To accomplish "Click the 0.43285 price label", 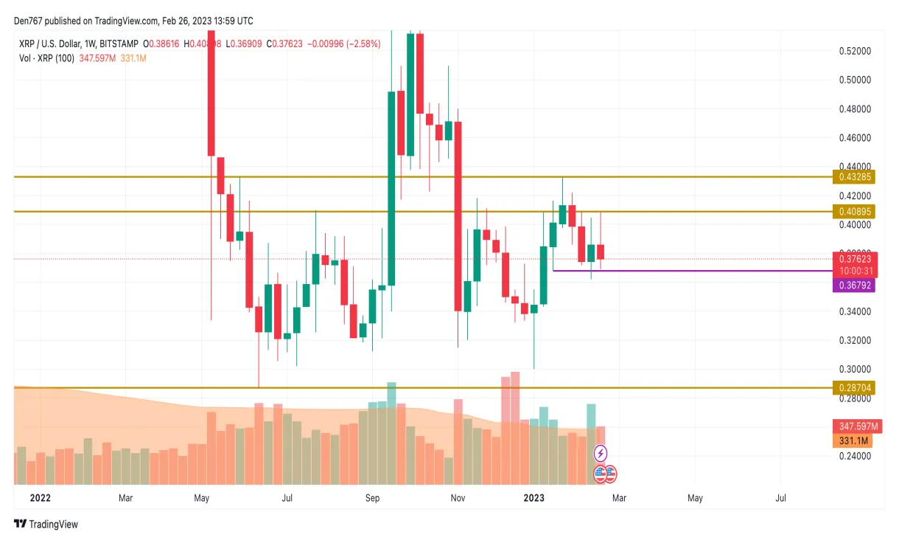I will pos(854,177).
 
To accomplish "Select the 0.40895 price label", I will pos(854,212).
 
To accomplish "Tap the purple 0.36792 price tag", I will pos(854,285).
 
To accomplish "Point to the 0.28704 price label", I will pos(854,387).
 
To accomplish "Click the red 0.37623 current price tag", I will pos(854,259).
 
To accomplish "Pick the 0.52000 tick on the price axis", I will pos(854,51).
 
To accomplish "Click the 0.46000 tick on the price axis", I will pos(854,138).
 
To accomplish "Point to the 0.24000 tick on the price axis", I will pos(854,456).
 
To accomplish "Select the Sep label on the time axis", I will pos(372,498).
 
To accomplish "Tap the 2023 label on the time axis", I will pos(534,498).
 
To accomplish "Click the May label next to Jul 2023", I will pos(695,498).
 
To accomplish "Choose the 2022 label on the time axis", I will pos(40,498).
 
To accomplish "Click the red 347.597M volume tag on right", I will pos(853,426).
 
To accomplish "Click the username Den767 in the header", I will pos(31,21).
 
